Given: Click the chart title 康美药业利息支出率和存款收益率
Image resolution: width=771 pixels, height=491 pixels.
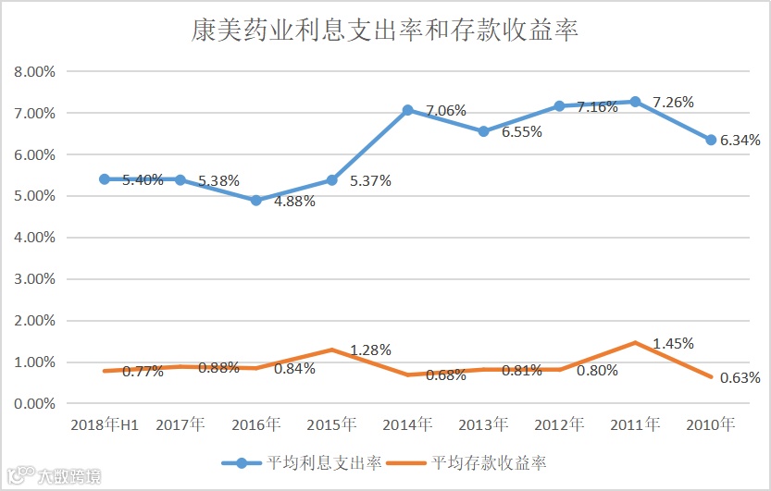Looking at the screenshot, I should point(385,30).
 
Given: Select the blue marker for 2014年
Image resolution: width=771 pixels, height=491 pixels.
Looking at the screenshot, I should point(407,110).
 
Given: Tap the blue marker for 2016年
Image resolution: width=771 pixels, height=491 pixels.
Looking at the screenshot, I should point(255,201).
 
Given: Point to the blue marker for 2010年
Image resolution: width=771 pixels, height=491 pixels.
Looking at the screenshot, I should point(711,140).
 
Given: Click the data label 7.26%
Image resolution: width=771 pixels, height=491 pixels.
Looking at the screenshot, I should point(673,102).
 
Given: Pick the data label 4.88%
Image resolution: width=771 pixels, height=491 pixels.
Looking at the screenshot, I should point(294,201).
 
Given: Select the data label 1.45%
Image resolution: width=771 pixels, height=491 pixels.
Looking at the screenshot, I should point(673,343).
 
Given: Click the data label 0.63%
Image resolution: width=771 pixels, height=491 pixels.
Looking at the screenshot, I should point(740,377).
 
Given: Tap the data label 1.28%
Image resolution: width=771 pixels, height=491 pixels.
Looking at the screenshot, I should point(370,350).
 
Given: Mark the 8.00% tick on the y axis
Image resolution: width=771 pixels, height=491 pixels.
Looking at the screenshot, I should point(35,71).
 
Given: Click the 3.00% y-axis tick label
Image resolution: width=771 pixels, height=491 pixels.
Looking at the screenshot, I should point(35,278).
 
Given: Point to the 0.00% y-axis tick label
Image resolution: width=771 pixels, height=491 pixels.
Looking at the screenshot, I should point(35,403).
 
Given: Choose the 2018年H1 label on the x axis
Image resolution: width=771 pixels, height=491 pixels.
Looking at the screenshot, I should point(104,425).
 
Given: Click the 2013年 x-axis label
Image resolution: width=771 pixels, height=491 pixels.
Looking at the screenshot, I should point(483,425).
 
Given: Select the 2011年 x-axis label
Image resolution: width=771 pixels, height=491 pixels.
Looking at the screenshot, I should point(635,425).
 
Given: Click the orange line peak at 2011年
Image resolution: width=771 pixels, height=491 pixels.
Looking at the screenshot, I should point(635,342).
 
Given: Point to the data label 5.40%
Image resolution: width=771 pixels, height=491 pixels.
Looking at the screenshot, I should point(143,179).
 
